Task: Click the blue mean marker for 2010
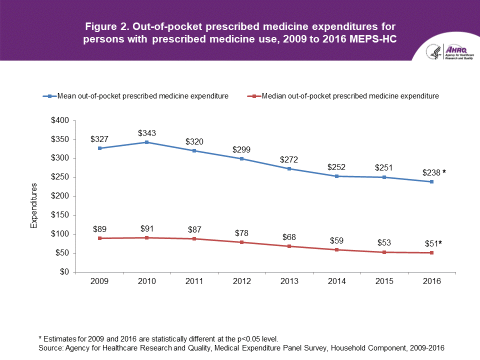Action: [x=147, y=142]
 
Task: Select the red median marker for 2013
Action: [x=289, y=246]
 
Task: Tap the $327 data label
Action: [x=99, y=139]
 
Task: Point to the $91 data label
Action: [x=147, y=229]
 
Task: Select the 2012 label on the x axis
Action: [x=242, y=281]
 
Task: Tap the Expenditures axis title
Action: [x=34, y=206]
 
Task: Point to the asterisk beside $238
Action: [x=443, y=172]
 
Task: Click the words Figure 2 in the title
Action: [x=108, y=26]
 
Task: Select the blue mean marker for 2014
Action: [x=337, y=176]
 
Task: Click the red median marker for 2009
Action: [x=99, y=238]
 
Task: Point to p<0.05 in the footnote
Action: [x=250, y=339]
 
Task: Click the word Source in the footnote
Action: [x=50, y=347]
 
